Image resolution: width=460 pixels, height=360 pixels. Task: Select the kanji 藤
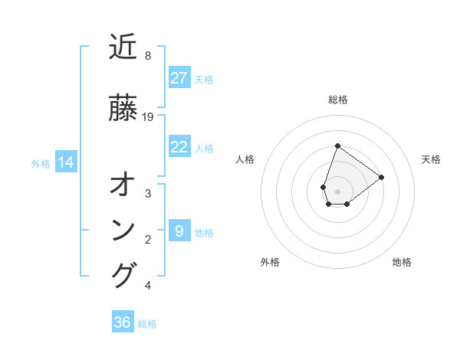123,108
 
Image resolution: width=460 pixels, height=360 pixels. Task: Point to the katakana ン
123,231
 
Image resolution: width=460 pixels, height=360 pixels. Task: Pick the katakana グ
123,276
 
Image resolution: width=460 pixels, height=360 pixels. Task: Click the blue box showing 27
179,78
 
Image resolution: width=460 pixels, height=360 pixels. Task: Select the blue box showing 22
179,147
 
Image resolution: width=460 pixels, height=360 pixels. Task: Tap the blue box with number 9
179,231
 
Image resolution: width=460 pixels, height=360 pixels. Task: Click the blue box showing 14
66,162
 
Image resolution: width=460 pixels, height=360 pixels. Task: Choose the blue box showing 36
123,322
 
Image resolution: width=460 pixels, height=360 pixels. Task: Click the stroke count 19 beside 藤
148,117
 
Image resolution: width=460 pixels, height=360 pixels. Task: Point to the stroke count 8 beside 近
147,56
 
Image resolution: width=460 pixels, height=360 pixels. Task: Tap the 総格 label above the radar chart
338,100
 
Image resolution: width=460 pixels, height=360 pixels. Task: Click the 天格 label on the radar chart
432,159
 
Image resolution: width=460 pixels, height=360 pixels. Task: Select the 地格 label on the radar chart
402,262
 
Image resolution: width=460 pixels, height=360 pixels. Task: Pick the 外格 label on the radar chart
270,262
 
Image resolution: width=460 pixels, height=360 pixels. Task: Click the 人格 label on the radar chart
245,159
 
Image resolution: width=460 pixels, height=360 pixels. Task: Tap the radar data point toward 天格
382,177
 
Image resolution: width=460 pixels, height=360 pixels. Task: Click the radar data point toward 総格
337,146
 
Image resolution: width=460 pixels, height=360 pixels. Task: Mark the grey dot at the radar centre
337,191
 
